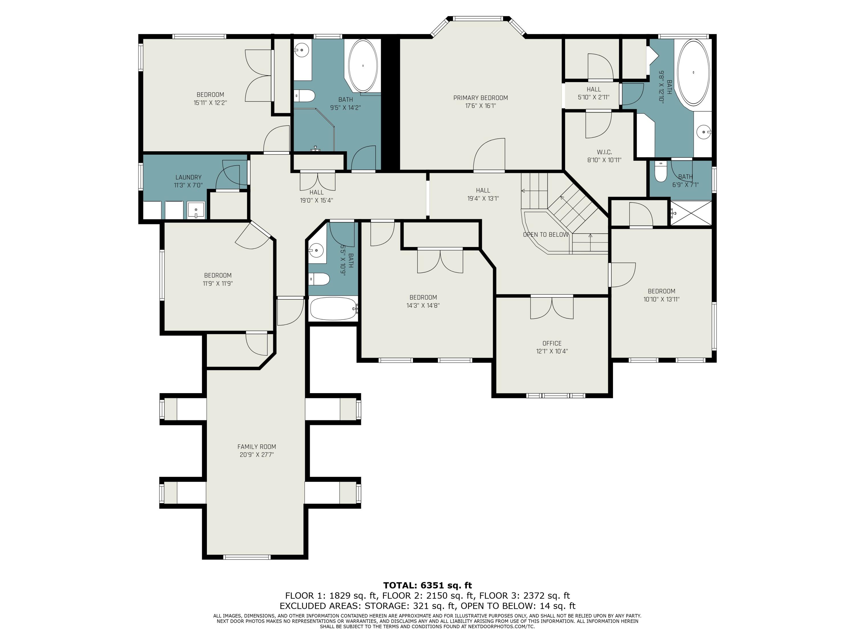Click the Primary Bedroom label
(x=481, y=98)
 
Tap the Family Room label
(x=257, y=447)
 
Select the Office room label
(x=552, y=343)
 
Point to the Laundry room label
(x=189, y=177)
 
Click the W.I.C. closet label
(x=604, y=152)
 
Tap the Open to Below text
(x=546, y=234)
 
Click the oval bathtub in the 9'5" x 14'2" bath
(x=363, y=66)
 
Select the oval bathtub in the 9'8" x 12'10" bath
(x=694, y=72)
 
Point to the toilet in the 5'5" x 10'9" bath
(x=319, y=279)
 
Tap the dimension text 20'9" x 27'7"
(x=257, y=455)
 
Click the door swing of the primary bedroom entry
(x=489, y=154)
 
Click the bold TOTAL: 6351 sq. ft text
(x=427, y=585)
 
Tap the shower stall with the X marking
(x=691, y=213)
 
